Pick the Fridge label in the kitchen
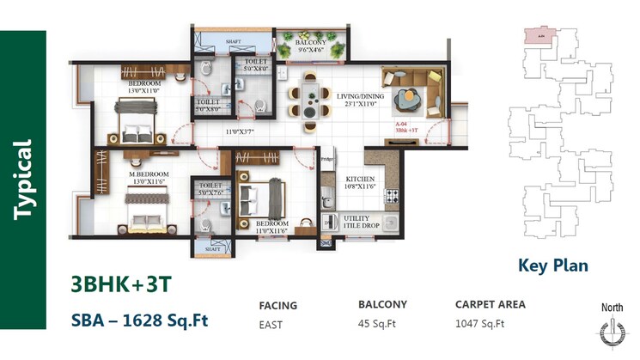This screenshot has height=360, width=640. (x=326, y=160)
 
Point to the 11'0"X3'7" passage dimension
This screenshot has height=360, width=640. (x=244, y=131)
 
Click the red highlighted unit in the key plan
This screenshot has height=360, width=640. (x=538, y=36)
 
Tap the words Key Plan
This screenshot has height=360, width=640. (x=552, y=265)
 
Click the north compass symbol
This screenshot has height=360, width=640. (x=611, y=334)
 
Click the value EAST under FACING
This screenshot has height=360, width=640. (x=271, y=325)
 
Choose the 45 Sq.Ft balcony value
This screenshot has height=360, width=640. (x=378, y=325)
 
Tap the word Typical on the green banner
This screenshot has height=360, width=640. (x=23, y=180)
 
